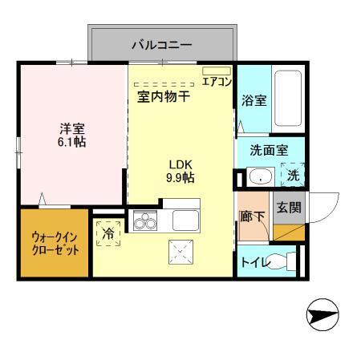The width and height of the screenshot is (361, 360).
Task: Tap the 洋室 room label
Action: point(72,127)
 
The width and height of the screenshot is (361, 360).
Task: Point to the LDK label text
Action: point(180,164)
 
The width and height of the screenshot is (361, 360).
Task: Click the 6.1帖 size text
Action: point(72,142)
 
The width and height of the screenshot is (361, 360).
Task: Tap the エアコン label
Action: point(217,82)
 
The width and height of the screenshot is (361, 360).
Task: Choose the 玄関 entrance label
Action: point(288,207)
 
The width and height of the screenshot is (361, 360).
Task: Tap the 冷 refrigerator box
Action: point(109,233)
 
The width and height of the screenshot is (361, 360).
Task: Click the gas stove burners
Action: point(144,220)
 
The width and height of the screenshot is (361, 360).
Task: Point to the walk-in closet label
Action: point(55,243)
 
